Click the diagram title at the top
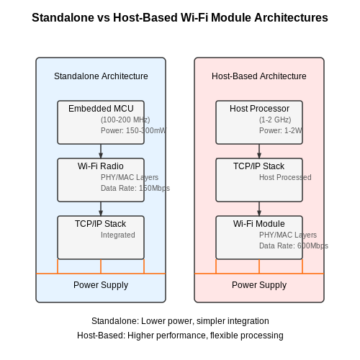point(180,18)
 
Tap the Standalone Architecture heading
point(101,76)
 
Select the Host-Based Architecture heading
point(259,76)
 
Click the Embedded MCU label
point(101,109)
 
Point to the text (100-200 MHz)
point(125,120)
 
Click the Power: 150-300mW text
point(133,130)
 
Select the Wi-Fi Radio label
point(101,166)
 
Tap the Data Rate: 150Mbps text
point(135,188)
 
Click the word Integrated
point(118,235)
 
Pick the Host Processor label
point(259,109)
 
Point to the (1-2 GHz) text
point(275,120)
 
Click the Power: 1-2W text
point(281,130)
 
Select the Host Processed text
point(285,177)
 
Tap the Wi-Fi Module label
point(259,224)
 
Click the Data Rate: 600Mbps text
point(294,246)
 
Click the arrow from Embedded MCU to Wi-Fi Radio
point(101,151)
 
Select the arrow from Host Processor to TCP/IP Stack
point(259,151)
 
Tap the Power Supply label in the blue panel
point(101,285)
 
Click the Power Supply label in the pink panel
point(259,285)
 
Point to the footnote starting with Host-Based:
point(180,336)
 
